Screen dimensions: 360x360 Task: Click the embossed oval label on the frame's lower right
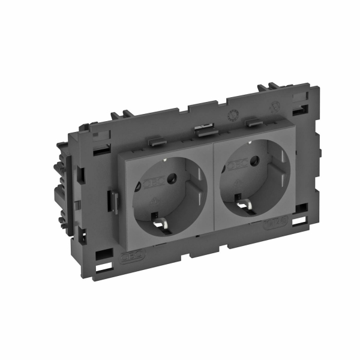[274, 226]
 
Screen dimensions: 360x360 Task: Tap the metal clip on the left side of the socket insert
[112, 200]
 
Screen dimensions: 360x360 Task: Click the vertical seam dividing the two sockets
[215, 180]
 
